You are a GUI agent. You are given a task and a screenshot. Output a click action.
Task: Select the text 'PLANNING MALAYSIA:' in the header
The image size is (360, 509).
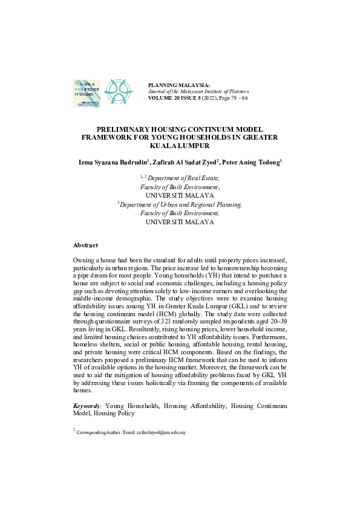[x=179, y=85]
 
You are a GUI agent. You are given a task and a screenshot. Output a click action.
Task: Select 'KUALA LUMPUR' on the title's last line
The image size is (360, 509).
[x=180, y=146]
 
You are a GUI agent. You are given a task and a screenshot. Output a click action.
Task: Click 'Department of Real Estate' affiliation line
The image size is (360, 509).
[x=184, y=178]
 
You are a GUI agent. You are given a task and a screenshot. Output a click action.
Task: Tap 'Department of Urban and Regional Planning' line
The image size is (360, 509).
[x=181, y=204]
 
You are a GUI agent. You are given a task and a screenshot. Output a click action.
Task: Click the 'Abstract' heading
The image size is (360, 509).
[x=85, y=245]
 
